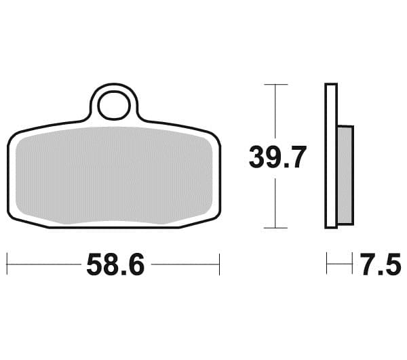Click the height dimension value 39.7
click(x=277, y=158)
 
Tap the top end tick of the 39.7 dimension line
click(x=275, y=84)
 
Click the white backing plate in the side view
click(x=331, y=156)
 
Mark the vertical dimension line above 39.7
click(x=275, y=112)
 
